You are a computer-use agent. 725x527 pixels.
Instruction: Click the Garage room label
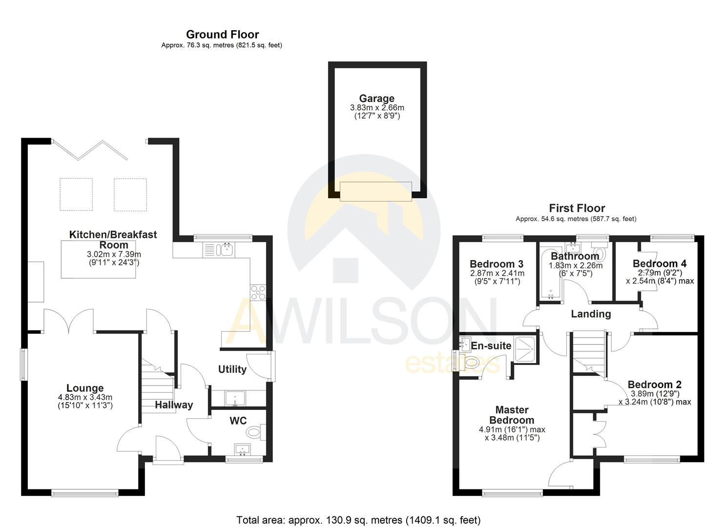click(376, 99)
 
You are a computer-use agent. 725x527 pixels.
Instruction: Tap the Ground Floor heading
click(222, 35)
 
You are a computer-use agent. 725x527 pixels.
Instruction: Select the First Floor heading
click(577, 208)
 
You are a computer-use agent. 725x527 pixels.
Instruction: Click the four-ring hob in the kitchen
click(258, 292)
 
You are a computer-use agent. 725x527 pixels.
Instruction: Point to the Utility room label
click(232, 369)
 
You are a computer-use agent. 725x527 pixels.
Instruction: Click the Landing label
click(591, 314)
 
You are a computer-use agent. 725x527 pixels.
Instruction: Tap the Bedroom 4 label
click(659, 264)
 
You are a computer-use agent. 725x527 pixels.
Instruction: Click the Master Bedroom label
click(512, 415)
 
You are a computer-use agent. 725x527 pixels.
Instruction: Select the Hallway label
click(174, 405)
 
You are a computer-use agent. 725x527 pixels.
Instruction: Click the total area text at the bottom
click(358, 520)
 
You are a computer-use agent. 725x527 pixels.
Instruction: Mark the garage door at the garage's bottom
click(375, 191)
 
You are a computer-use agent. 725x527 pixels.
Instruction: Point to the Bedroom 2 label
click(654, 385)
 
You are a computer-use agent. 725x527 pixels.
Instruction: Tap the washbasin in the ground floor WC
click(242, 449)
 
